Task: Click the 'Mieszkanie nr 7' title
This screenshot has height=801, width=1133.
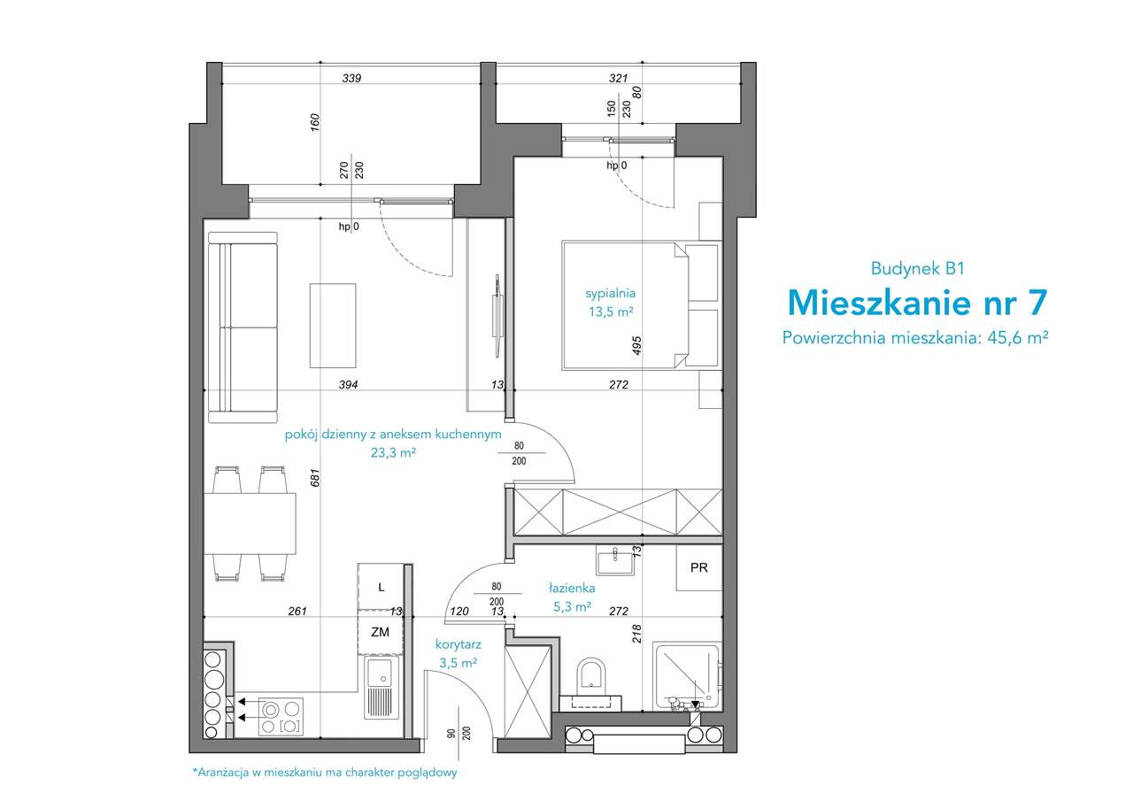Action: (917, 303)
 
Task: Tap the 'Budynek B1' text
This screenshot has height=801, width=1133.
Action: (918, 268)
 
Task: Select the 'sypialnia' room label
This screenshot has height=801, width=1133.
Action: (611, 293)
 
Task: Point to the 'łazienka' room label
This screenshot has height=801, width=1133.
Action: (572, 588)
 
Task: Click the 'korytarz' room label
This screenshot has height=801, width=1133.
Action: (459, 644)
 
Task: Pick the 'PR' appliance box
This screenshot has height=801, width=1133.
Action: (699, 567)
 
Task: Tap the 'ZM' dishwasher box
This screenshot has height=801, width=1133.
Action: (381, 632)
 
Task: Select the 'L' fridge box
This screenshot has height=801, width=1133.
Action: (381, 587)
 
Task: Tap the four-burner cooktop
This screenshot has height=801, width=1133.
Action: (281, 717)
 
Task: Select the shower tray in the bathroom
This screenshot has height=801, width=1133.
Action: (688, 676)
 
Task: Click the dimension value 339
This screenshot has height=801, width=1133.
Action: (351, 79)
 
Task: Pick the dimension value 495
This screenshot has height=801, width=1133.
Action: (636, 345)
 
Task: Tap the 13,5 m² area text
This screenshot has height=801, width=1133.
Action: (611, 312)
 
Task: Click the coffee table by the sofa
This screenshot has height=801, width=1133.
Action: (333, 326)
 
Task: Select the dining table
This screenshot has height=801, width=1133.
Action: (250, 523)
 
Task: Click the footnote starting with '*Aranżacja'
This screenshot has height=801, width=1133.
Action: (325, 773)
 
